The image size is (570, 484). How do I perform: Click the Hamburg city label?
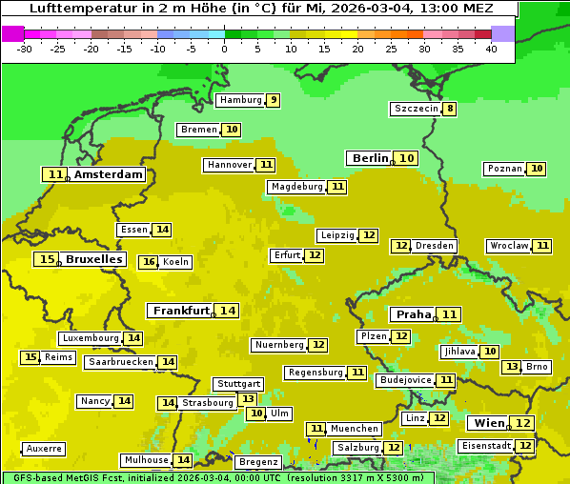pyautogui.click(x=239, y=100)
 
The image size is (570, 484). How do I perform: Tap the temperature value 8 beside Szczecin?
pyautogui.click(x=450, y=109)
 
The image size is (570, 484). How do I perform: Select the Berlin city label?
pyautogui.click(x=370, y=158)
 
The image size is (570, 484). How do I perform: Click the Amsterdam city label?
pyautogui.click(x=108, y=174)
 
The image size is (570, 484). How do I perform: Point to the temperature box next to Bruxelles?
pyautogui.click(x=46, y=259)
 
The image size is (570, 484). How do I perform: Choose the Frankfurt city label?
pyautogui.click(x=181, y=311)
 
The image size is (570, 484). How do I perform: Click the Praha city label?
pyautogui.click(x=414, y=314)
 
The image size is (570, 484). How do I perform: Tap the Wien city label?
pyautogui.click(x=489, y=423)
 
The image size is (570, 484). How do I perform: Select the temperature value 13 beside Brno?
pyautogui.click(x=512, y=367)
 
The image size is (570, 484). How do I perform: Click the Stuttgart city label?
pyautogui.click(x=238, y=384)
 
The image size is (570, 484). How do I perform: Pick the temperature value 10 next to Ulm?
pyautogui.click(x=256, y=413)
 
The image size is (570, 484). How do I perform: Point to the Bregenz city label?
pyautogui.click(x=257, y=462)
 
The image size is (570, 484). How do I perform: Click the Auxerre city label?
pyautogui.click(x=44, y=449)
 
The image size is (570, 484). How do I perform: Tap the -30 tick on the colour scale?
pyautogui.click(x=25, y=49)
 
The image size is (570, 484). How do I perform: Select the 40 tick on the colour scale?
pyautogui.click(x=491, y=49)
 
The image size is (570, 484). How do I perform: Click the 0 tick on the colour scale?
pyautogui.click(x=225, y=49)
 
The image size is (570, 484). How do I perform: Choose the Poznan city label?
pyautogui.click(x=504, y=169)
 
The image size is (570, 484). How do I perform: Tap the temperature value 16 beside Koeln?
pyautogui.click(x=148, y=262)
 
